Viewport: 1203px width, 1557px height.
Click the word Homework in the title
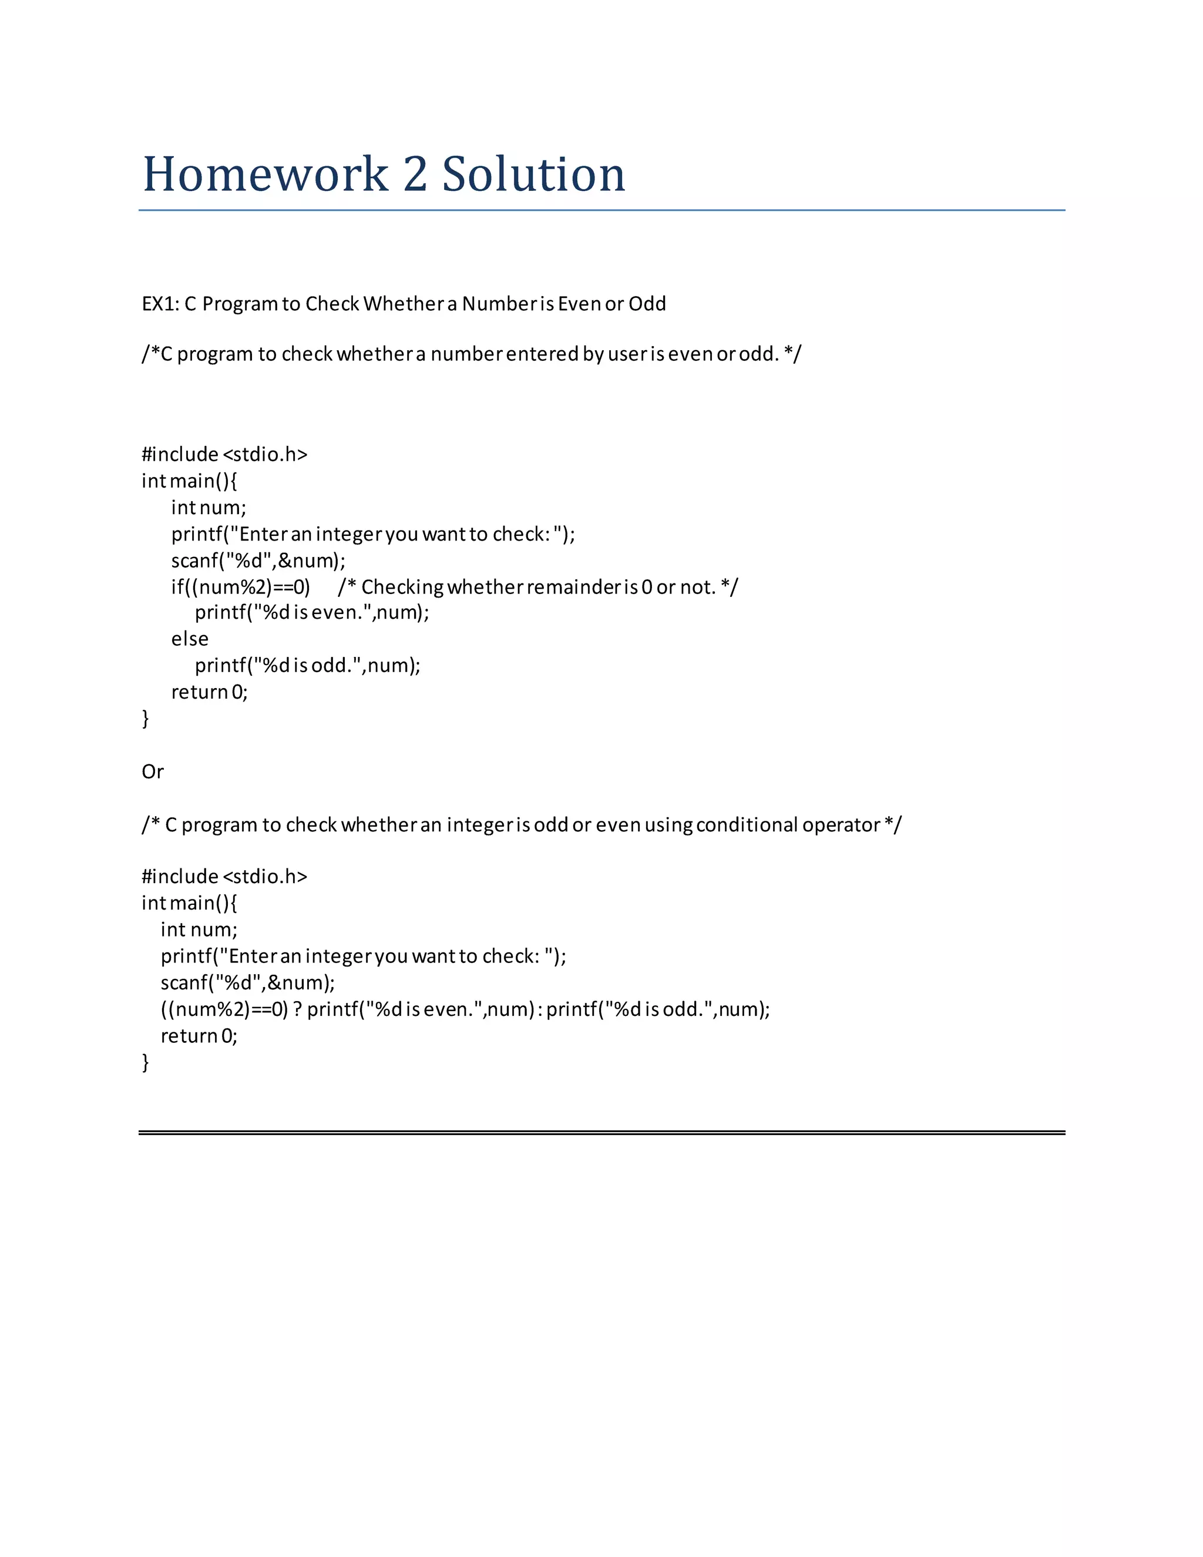[x=265, y=175]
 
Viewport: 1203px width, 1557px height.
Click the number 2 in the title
[x=415, y=175]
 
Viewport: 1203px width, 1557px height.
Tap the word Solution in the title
[x=534, y=175]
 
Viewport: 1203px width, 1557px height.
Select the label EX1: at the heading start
[x=160, y=304]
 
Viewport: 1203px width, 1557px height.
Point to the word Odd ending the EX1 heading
[x=647, y=304]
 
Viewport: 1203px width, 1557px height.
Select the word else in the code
[x=190, y=639]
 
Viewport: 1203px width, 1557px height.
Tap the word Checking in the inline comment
[x=402, y=588]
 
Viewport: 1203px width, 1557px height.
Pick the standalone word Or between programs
[x=153, y=772]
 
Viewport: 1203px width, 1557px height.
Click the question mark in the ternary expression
[x=297, y=1009]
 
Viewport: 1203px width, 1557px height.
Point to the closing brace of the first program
[x=146, y=719]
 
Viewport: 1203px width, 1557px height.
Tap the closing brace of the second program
[x=146, y=1063]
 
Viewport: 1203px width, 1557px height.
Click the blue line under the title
[x=601, y=210]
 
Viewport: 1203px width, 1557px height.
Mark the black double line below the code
[x=601, y=1132]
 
